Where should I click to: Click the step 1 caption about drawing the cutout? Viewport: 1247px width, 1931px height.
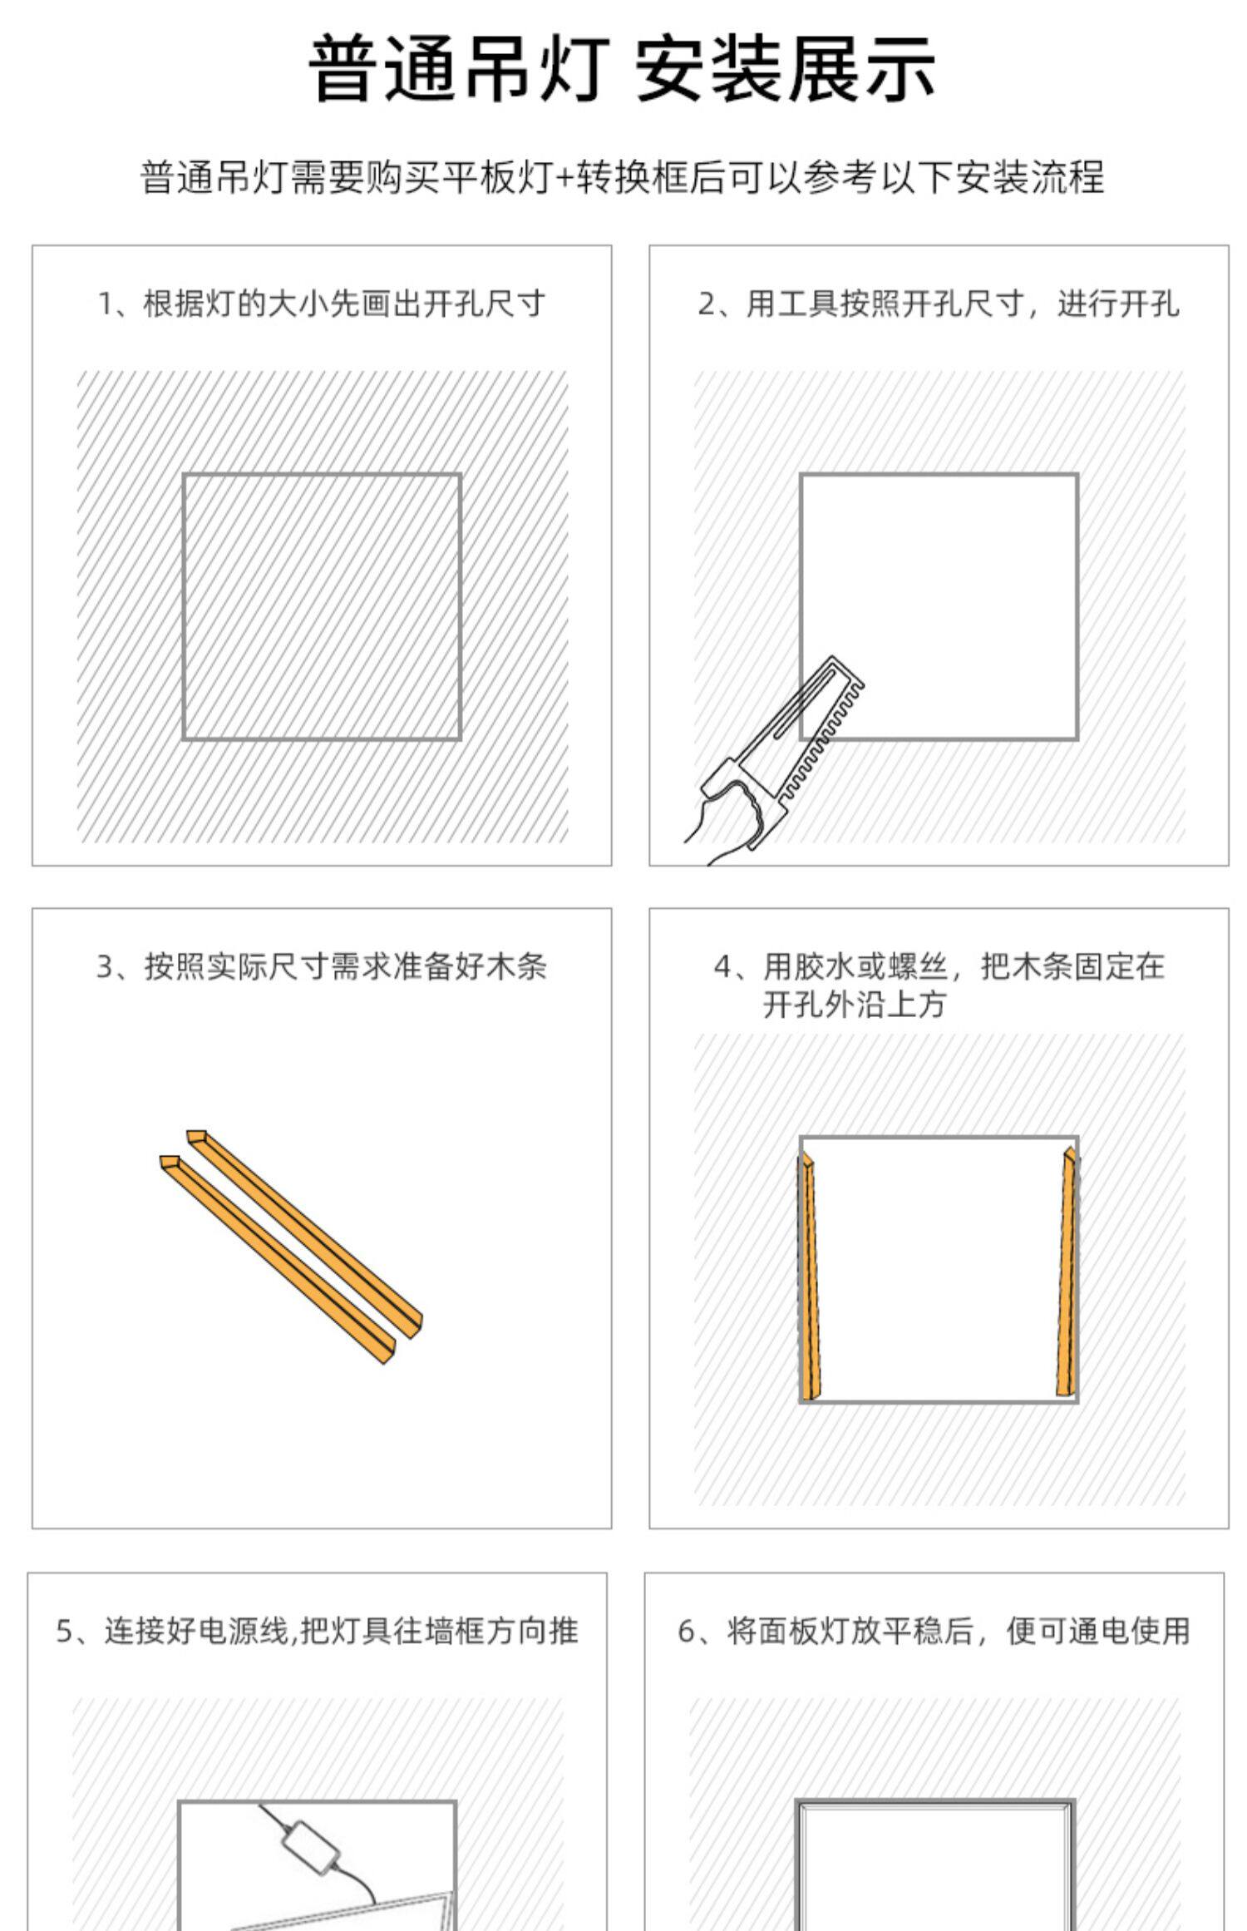click(322, 304)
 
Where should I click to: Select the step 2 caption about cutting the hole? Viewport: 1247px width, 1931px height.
click(939, 304)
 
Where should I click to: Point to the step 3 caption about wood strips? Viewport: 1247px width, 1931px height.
click(322, 966)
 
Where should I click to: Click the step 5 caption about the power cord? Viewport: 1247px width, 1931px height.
click(317, 1631)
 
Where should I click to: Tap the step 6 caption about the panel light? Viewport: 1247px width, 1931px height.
click(934, 1631)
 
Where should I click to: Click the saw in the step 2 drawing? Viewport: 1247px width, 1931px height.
click(781, 753)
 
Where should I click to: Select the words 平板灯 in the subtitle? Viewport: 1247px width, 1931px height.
click(497, 178)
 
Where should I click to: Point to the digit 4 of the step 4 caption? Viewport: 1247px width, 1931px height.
click(722, 967)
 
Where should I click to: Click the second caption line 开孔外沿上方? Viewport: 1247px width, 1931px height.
click(855, 1005)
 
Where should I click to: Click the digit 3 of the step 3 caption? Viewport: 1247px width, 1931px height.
click(105, 967)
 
